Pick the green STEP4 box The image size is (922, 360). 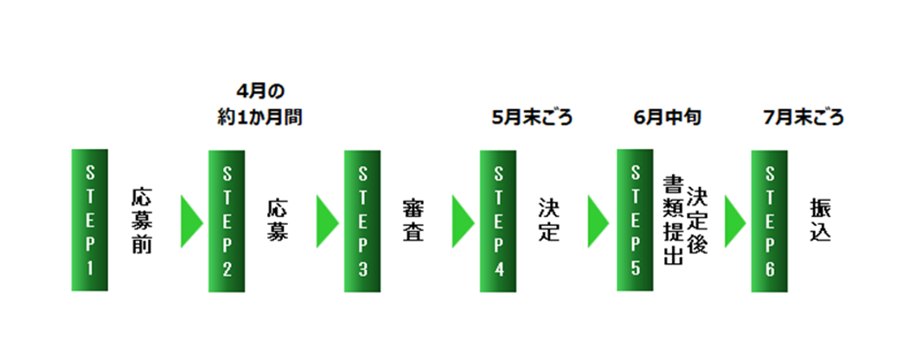click(x=497, y=221)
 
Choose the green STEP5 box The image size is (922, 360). click(x=634, y=220)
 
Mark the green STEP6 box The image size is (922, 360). click(x=769, y=221)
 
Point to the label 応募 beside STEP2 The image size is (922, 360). click(x=277, y=220)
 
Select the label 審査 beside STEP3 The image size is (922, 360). click(x=413, y=220)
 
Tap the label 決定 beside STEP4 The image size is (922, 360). click(x=547, y=220)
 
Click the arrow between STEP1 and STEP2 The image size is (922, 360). click(x=189, y=222)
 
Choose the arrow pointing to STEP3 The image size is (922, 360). click(x=325, y=222)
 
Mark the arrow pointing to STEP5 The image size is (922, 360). click(x=597, y=222)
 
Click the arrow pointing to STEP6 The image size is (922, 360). click(x=733, y=222)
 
